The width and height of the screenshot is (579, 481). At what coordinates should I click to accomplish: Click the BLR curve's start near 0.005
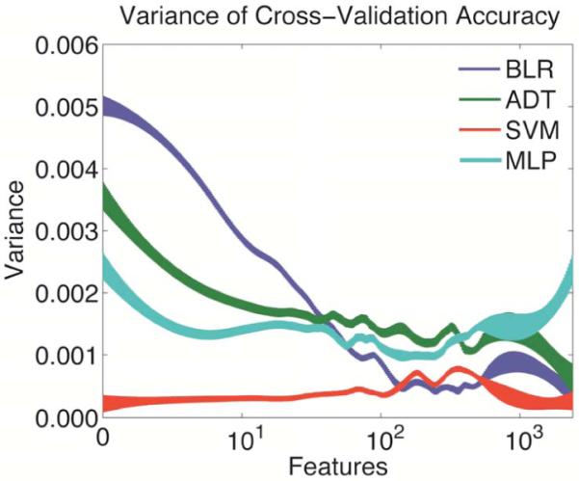[106, 107]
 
